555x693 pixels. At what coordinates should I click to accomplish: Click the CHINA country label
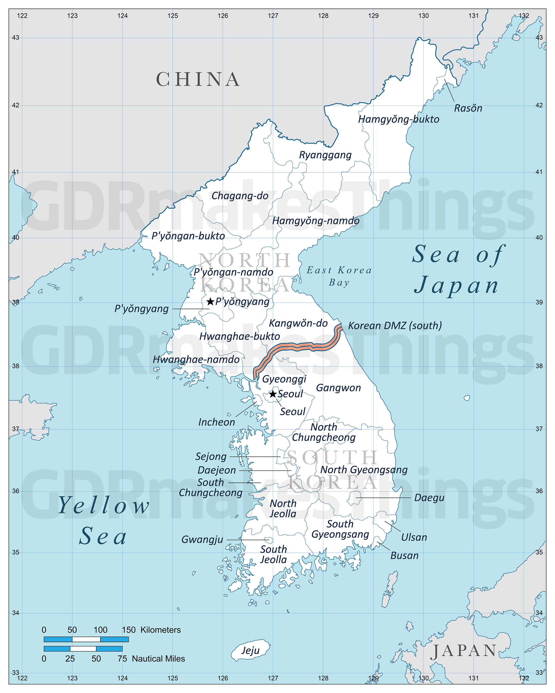point(198,79)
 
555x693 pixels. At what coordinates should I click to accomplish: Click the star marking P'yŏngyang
point(210,301)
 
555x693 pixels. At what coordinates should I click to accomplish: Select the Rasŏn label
point(468,108)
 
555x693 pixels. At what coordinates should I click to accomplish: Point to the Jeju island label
point(250,650)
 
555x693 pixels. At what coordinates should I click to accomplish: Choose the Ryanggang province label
point(325,155)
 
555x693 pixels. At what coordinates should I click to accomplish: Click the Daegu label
point(429,498)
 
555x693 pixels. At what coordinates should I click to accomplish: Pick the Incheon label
point(216,422)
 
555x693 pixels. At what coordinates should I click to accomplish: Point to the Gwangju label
point(202,539)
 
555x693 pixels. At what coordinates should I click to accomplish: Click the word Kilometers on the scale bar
point(160,630)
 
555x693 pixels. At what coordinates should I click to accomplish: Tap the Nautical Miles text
point(158,659)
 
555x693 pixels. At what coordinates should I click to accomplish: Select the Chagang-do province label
point(240,196)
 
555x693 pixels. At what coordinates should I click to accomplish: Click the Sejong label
point(211,456)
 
